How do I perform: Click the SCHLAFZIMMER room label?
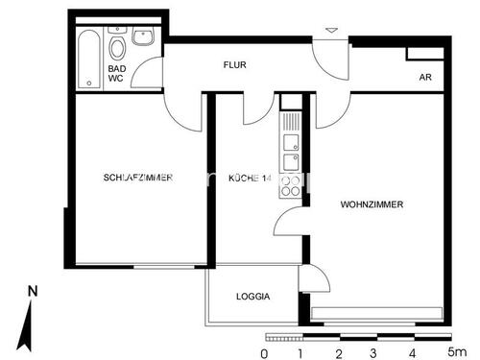(138, 178)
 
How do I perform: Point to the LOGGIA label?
(252, 297)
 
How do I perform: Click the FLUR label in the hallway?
(235, 65)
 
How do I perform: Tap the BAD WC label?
(116, 74)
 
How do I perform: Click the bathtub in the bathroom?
(87, 57)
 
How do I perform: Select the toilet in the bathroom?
(117, 48)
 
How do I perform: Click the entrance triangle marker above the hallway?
(331, 32)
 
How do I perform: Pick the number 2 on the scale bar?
(338, 351)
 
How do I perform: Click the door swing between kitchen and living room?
(287, 223)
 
